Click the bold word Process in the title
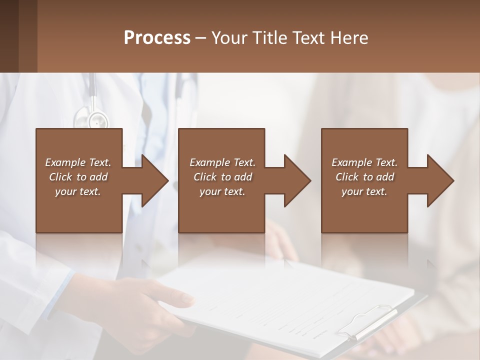(157, 38)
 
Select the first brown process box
(79, 210)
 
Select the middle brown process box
(221, 210)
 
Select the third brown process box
(364, 210)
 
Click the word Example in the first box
(65, 162)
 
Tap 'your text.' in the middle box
(222, 191)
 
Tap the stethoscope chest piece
(97, 120)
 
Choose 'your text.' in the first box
(77, 191)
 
